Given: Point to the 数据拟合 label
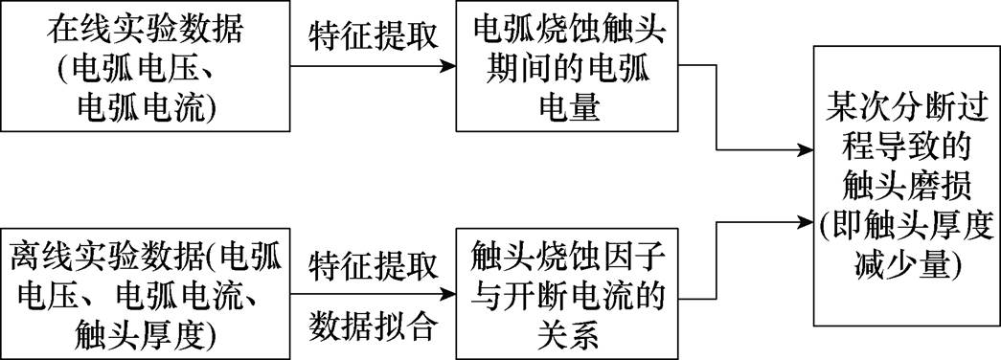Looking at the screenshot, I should coord(373,327).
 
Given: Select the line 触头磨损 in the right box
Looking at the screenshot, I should coord(905,183).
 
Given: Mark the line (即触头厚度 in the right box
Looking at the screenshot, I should coord(905,222).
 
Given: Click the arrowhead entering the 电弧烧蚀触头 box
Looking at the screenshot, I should coord(447,67).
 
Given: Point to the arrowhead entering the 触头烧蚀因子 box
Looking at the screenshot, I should coord(447,294).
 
